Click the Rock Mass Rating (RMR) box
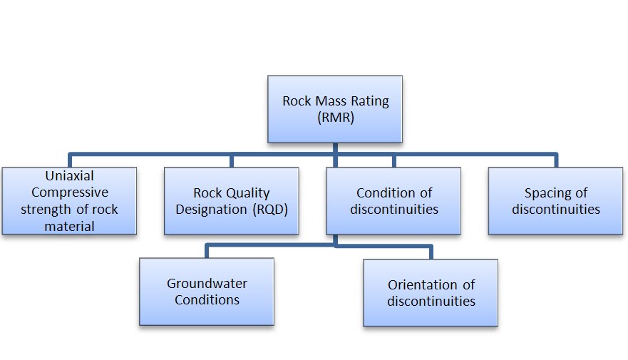point(335,109)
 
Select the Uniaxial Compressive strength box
point(69,200)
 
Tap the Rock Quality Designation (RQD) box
point(232,200)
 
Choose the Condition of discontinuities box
point(393,200)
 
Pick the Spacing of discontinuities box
point(555,200)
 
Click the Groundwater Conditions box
point(207,292)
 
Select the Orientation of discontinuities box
point(431,292)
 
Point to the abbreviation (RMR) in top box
point(335,118)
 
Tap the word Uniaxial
point(69,176)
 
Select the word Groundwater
point(207,284)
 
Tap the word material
point(69,226)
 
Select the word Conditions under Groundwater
point(207,300)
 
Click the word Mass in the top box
point(331,101)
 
